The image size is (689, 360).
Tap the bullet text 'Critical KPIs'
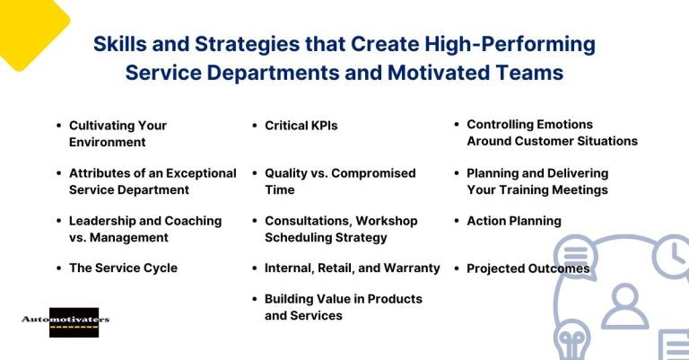click(301, 126)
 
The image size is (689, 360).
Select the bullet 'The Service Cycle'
click(123, 268)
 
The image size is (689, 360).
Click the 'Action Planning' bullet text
click(513, 220)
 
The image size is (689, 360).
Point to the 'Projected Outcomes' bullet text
click(528, 268)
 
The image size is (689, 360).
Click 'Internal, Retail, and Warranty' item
click(352, 268)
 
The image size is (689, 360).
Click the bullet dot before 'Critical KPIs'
click(256, 127)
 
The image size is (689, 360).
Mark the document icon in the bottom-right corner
click(674, 345)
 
